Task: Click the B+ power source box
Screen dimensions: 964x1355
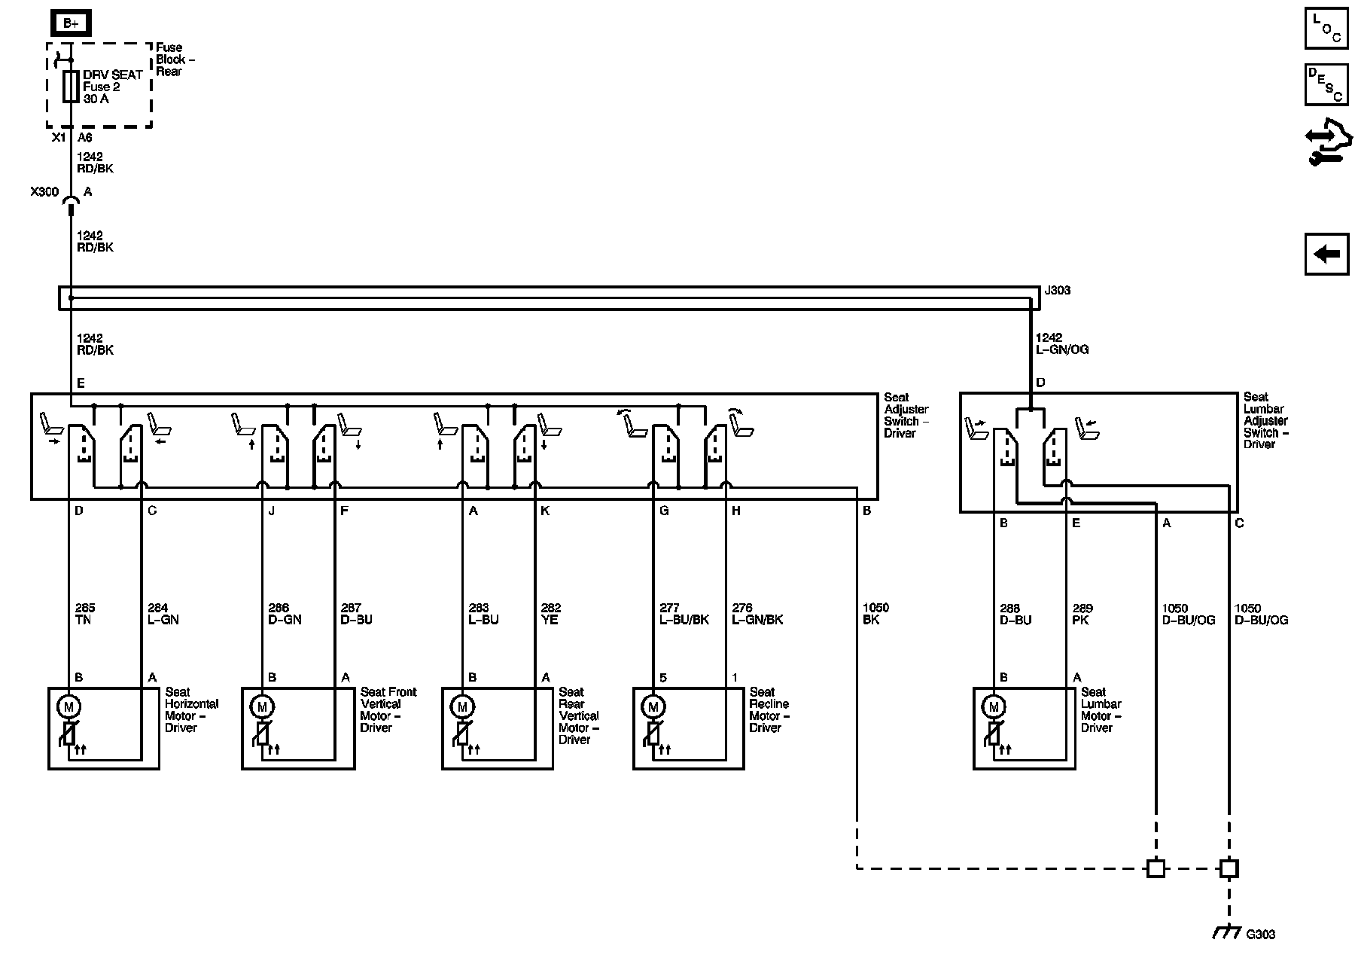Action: pyautogui.click(x=71, y=23)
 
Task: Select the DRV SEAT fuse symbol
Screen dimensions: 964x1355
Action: pyautogui.click(x=71, y=87)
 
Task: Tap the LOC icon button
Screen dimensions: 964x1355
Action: pyautogui.click(x=1326, y=29)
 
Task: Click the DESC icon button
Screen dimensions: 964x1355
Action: pyautogui.click(x=1326, y=84)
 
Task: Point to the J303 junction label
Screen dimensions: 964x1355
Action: pyautogui.click(x=1057, y=291)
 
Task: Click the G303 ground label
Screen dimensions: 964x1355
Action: pyautogui.click(x=1260, y=935)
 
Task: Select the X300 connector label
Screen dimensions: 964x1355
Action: pyautogui.click(x=44, y=192)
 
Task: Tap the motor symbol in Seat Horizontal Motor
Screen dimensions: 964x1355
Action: pyautogui.click(x=69, y=706)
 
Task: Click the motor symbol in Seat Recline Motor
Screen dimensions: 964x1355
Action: pyautogui.click(x=653, y=706)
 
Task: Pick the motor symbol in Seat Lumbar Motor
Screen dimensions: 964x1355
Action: pyautogui.click(x=994, y=706)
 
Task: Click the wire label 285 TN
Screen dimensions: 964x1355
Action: pyautogui.click(x=85, y=614)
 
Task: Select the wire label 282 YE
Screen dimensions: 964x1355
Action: pyautogui.click(x=551, y=614)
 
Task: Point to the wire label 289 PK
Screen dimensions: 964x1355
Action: pyautogui.click(x=1082, y=615)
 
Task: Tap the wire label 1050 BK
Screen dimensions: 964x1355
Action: pyautogui.click(x=875, y=614)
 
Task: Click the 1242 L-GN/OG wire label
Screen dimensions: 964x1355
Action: pyautogui.click(x=1061, y=343)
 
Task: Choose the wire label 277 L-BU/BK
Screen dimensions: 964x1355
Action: pyautogui.click(x=683, y=614)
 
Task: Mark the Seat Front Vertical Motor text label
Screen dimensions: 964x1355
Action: pyautogui.click(x=388, y=709)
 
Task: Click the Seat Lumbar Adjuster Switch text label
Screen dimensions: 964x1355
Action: pyautogui.click(x=1265, y=420)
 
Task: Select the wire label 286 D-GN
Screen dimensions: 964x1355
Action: pyautogui.click(x=285, y=614)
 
